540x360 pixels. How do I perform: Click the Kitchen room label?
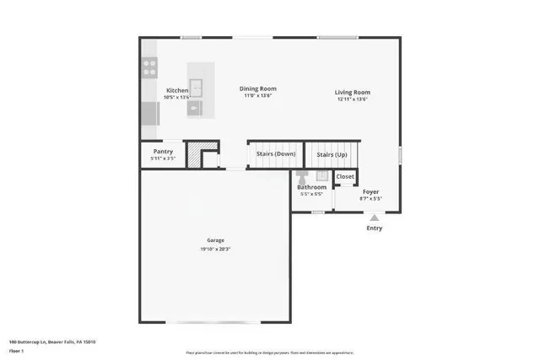pos(177,90)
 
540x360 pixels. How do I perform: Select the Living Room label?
pos(353,93)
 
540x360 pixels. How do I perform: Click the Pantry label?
pos(163,152)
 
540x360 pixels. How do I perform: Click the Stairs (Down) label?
pos(276,154)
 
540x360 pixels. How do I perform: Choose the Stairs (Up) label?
pos(332,155)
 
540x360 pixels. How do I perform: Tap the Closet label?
pos(345,177)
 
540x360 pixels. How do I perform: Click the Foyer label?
pos(371,192)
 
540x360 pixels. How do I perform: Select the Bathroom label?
pos(311,187)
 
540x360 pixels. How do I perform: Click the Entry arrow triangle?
pos(374,218)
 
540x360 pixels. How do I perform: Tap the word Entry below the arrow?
pos(374,228)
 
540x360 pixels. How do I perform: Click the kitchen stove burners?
pos(150,67)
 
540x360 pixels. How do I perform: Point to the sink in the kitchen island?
pos(197,85)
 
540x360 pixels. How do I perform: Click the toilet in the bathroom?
pos(302,176)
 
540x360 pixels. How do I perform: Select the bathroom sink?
pos(321,175)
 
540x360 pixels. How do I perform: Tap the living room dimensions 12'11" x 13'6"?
pos(353,99)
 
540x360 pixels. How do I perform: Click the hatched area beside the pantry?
pos(195,157)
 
